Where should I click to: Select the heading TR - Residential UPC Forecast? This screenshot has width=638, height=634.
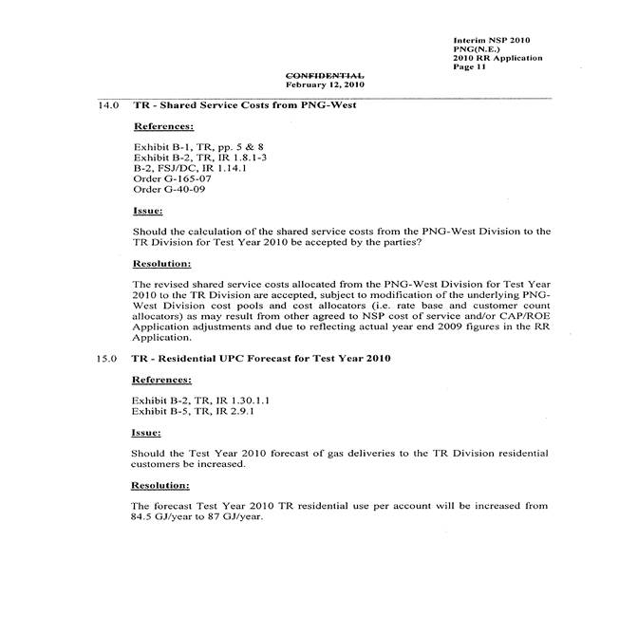(261, 359)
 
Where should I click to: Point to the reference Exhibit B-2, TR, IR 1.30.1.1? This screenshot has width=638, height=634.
(198, 401)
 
